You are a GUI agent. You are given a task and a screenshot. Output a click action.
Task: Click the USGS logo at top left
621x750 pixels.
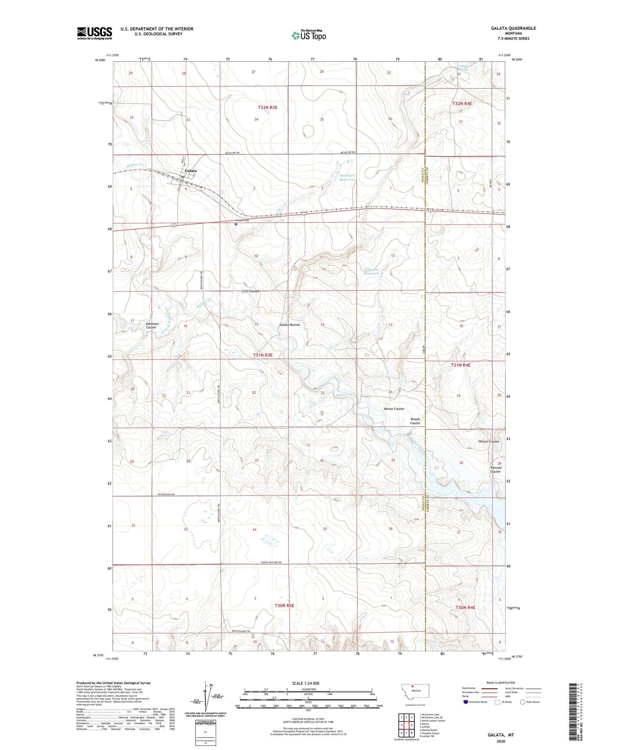click(94, 33)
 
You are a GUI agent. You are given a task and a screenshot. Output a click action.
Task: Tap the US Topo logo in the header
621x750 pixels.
click(309, 35)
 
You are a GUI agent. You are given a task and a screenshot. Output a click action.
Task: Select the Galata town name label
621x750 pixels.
click(191, 170)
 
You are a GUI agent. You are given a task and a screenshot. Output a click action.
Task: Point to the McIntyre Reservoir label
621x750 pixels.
click(347, 177)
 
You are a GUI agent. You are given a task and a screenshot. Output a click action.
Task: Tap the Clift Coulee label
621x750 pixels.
click(250, 291)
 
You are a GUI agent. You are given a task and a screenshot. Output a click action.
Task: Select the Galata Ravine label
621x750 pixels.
click(289, 325)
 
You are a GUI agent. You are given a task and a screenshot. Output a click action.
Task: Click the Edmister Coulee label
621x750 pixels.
click(151, 326)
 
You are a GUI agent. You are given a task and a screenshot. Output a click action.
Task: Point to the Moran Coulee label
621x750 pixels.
click(394, 409)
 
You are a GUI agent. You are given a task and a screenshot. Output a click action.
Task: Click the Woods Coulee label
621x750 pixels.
click(415, 421)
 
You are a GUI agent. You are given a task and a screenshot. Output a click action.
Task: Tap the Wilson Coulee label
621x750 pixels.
click(489, 441)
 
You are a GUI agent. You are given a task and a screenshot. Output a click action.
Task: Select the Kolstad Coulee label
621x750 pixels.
click(495, 470)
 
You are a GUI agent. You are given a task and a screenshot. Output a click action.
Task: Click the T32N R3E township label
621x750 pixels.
click(267, 108)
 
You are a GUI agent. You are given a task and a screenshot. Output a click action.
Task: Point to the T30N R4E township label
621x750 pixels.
click(465, 607)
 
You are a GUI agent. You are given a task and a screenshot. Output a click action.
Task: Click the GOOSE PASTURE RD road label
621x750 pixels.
click(271, 562)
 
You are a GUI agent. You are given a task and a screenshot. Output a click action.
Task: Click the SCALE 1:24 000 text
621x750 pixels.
click(306, 683)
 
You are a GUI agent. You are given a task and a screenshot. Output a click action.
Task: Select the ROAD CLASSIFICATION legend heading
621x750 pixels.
click(501, 683)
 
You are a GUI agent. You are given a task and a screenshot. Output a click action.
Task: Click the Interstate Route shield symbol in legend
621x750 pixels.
click(466, 702)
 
